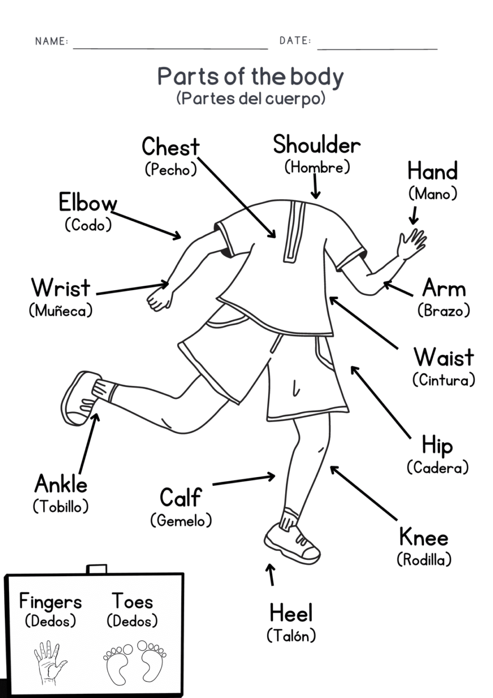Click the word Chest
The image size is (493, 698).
(x=170, y=147)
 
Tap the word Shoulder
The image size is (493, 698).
(x=316, y=145)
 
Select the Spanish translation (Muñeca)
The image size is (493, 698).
(x=60, y=311)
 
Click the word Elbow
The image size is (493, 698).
(x=88, y=203)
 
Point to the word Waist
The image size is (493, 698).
(x=444, y=357)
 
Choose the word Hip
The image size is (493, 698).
(x=437, y=445)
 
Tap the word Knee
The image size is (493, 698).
(x=424, y=538)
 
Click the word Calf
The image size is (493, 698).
(x=180, y=497)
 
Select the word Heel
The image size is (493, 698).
(x=291, y=613)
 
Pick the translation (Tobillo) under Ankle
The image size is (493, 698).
(x=60, y=506)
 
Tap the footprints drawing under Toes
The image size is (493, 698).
(x=135, y=662)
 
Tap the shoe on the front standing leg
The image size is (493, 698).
(x=291, y=542)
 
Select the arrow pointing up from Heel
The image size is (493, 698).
(x=271, y=574)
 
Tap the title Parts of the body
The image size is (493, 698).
(x=250, y=76)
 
